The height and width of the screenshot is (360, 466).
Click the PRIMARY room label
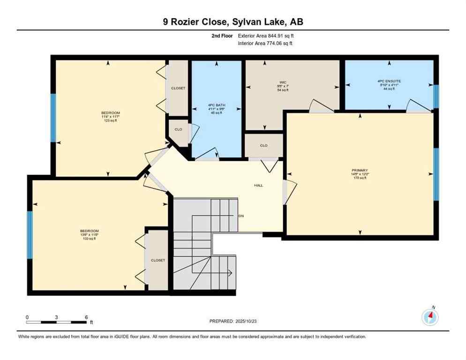coord(360,170)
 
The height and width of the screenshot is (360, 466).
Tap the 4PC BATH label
coord(216,105)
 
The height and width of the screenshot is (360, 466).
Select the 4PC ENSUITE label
coord(389,81)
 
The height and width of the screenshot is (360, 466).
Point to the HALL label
coord(258,185)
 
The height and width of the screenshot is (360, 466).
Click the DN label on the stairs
coord(241,216)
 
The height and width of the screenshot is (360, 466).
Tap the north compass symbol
coord(429,317)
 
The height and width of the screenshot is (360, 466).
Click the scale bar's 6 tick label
coord(86,317)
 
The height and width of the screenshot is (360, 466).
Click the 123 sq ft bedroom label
coord(111,120)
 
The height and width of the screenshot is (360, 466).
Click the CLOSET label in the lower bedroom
coord(158,260)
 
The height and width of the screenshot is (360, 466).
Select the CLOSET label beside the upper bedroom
coord(178,88)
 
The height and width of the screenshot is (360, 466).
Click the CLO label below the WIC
coord(263,145)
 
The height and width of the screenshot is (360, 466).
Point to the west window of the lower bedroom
coord(30,234)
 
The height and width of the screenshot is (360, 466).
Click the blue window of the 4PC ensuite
coord(436,97)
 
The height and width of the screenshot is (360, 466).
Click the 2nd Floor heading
coord(223,36)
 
